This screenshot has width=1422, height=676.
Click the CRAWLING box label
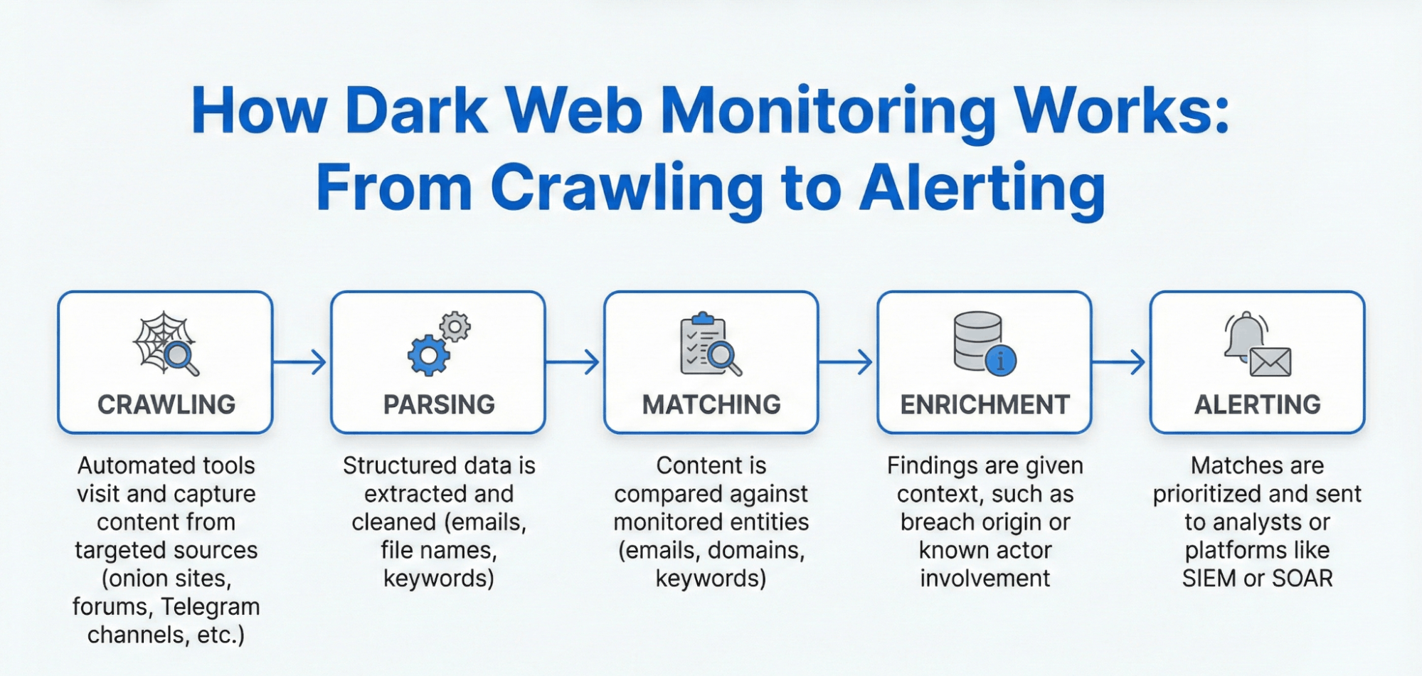166,404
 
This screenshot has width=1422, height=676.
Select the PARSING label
439,404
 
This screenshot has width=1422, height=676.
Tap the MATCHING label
711,404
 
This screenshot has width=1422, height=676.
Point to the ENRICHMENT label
985,404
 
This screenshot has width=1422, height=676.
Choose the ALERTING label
1257,404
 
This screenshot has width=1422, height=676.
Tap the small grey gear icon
455,327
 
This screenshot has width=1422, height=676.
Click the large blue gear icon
428,355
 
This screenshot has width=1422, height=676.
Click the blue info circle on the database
1000,360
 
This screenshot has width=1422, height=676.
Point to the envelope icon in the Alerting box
1270,361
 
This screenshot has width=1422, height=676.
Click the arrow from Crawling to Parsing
300,361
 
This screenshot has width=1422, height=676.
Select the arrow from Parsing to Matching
573,361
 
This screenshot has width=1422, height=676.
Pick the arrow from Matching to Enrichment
846,361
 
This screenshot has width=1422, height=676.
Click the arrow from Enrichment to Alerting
1119,361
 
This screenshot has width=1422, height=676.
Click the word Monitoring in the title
828,112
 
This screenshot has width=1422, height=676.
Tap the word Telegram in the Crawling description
210,606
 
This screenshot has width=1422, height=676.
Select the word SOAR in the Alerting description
1302,578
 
